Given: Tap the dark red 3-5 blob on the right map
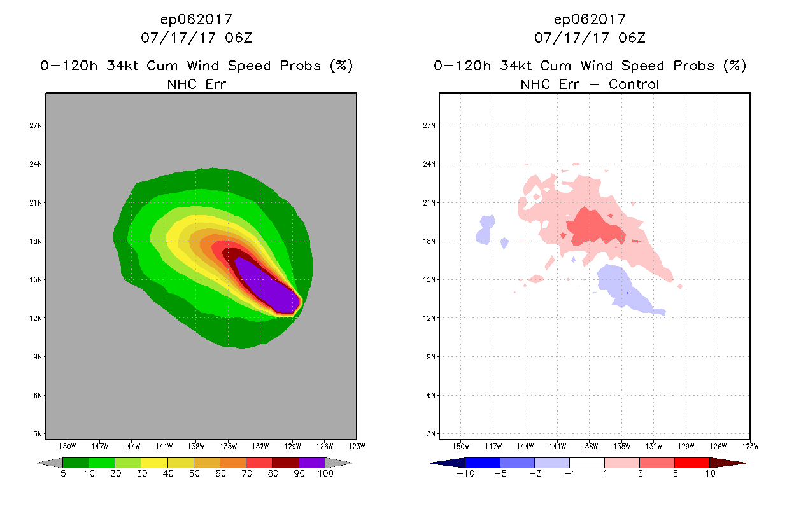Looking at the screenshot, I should [x=593, y=227].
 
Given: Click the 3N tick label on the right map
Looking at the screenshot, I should [x=430, y=434].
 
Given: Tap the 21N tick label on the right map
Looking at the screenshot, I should [x=430, y=202].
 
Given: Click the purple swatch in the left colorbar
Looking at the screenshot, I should [x=312, y=463].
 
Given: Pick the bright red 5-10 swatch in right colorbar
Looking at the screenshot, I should [x=691, y=463].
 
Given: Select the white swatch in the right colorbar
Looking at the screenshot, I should [x=586, y=463].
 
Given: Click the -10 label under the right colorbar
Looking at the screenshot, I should [x=465, y=474].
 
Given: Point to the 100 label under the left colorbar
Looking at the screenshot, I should [x=325, y=474].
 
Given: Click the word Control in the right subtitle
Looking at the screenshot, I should [x=634, y=84].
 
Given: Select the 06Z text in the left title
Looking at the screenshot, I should [x=239, y=38].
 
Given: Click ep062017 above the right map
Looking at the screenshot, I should [x=590, y=19].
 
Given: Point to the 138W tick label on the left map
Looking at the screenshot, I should [x=196, y=445].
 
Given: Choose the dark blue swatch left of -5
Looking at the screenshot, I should [x=483, y=463].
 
